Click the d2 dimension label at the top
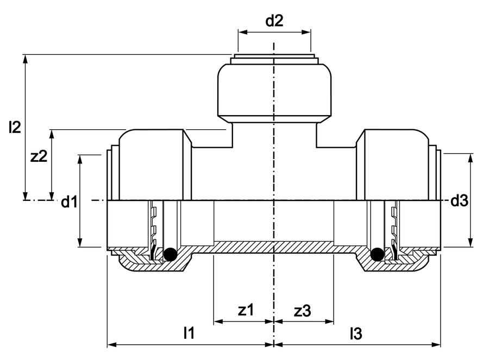pos(274,21)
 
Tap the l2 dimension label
pos(15,127)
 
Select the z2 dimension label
pos(39,156)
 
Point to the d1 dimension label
pos(69,201)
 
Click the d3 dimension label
pos(459,201)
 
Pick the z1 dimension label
pos(246,310)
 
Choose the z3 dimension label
pos(303,311)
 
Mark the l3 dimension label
pos(356,333)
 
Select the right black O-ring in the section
pos(377,254)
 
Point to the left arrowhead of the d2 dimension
pos(243,32)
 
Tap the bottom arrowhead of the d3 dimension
pos(471,242)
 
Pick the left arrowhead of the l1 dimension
pos(112,345)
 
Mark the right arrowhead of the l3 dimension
pos(436,345)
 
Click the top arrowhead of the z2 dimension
pos(52,134)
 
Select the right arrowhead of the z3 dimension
pos(329,321)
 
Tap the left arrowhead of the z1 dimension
pos(218,321)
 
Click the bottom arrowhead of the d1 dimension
pos(80,242)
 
